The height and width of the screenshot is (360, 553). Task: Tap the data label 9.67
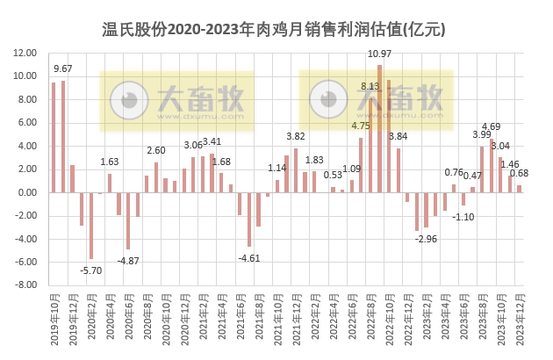[x=63, y=68]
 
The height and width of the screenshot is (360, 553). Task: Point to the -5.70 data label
[x=90, y=270]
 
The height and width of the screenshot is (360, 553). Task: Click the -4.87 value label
[x=128, y=260]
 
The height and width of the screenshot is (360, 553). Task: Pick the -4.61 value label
[x=250, y=257]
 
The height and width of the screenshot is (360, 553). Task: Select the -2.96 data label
[x=427, y=238]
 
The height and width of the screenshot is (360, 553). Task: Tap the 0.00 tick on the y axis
[x=26, y=192]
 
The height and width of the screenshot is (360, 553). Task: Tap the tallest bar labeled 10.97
[x=379, y=128]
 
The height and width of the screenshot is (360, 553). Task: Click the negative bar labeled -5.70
[x=90, y=225]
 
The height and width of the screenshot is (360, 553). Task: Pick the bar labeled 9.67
[x=63, y=136]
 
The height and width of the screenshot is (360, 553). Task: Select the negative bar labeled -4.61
[x=249, y=219]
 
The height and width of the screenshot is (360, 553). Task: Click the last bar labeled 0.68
[x=519, y=188]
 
